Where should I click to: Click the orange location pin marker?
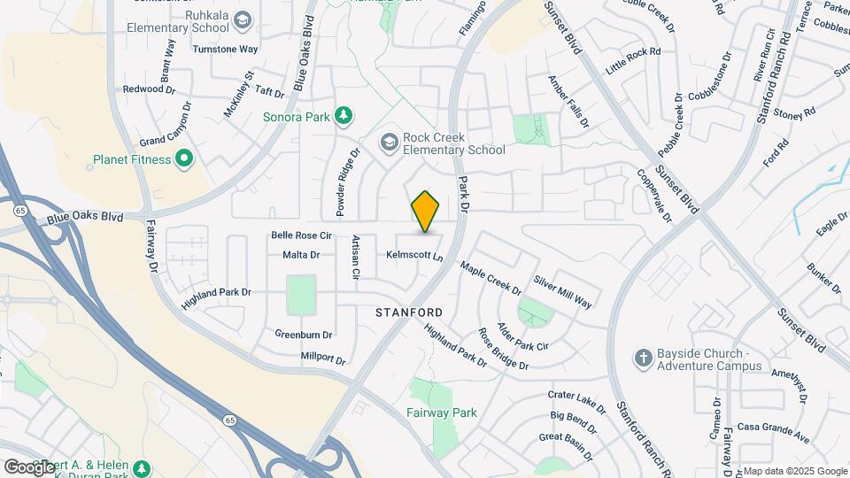(426, 212)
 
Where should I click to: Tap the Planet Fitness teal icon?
(184, 159)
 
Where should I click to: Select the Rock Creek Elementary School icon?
(389, 142)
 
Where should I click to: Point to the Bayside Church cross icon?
(644, 358)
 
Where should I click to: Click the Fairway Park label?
(441, 412)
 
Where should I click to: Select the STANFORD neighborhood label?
(409, 312)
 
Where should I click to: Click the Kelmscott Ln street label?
(413, 255)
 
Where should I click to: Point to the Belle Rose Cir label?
(301, 235)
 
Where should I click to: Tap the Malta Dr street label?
(301, 255)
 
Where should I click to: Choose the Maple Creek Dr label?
(491, 276)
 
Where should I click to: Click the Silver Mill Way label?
(562, 291)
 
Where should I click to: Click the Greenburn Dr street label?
(303, 335)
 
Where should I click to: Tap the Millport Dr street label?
(322, 359)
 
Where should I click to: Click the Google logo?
(29, 466)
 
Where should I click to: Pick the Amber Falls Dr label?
(568, 100)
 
